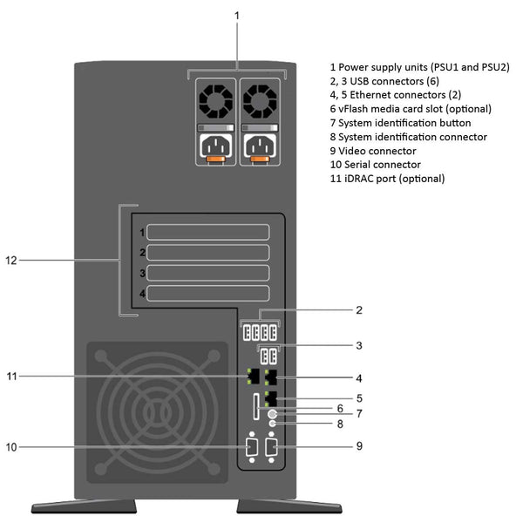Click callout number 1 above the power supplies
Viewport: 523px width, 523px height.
pyautogui.click(x=237, y=15)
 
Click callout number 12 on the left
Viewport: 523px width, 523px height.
pyautogui.click(x=10, y=260)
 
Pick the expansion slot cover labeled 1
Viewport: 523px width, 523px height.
pyautogui.click(x=207, y=233)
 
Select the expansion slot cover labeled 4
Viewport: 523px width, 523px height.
pyautogui.click(x=207, y=294)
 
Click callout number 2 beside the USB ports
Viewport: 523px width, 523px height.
pyautogui.click(x=358, y=309)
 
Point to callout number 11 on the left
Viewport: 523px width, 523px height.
pyautogui.click(x=11, y=377)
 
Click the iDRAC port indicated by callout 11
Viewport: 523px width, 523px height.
pyautogui.click(x=253, y=377)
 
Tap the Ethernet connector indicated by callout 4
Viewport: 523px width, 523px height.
pyautogui.click(x=270, y=377)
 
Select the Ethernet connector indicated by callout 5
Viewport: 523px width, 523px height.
pyautogui.click(x=270, y=400)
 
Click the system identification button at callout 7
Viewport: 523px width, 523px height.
pyautogui.click(x=274, y=414)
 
